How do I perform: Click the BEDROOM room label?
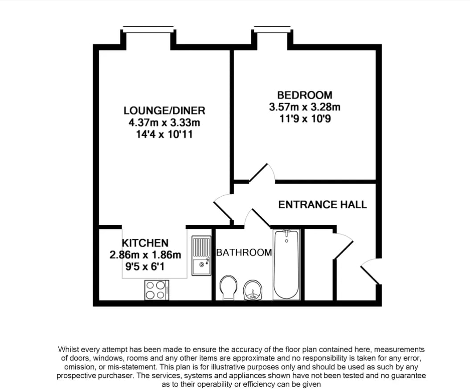[305, 95]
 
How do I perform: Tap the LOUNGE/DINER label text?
[164, 110]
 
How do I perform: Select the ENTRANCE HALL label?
[323, 205]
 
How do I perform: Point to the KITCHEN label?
[145, 243]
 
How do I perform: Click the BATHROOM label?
[244, 252]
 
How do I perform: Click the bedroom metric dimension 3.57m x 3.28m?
[305, 107]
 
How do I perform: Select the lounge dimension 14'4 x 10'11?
[164, 134]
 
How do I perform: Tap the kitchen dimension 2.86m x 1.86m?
[145, 255]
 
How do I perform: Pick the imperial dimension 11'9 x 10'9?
[305, 119]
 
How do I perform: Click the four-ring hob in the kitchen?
[157, 290]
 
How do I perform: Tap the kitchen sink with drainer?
[201, 255]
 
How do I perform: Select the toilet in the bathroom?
[229, 288]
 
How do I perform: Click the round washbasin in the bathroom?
[253, 290]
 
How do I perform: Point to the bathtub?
[286, 264]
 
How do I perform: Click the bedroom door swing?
[262, 173]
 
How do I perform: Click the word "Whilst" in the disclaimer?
[68, 349]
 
